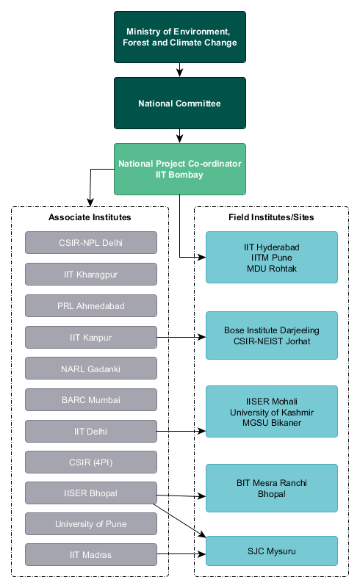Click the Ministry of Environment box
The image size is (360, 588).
(180, 37)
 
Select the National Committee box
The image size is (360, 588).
(180, 103)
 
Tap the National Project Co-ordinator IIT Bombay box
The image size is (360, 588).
(180, 169)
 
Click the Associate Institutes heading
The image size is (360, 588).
(90, 217)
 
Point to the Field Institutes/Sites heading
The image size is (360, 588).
(271, 217)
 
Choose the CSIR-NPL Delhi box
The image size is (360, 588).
(91, 243)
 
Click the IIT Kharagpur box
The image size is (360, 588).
(91, 274)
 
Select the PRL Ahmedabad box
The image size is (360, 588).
(91, 305)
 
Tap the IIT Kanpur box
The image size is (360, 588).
(91, 337)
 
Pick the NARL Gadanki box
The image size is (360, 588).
(91, 369)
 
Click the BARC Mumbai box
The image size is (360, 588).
(91, 400)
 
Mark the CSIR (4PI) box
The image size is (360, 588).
(91, 462)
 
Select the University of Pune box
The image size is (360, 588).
(91, 524)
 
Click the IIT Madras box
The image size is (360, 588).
(91, 555)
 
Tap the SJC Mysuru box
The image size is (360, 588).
(272, 551)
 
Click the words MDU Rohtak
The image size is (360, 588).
(272, 269)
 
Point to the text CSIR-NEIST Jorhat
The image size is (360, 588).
(272, 341)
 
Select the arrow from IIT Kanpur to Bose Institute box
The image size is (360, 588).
(181, 337)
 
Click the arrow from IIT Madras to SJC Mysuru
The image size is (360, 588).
(181, 554)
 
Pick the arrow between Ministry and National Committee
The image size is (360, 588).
(180, 70)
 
